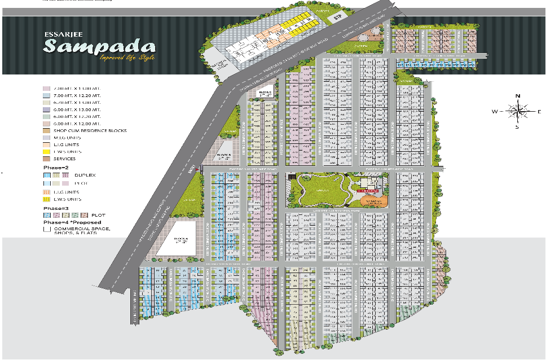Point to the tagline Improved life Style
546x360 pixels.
pyautogui.click(x=127, y=58)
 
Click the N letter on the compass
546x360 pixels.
pyautogui.click(x=517, y=96)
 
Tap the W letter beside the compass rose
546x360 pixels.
pyautogui.click(x=495, y=112)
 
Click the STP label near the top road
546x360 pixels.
pyautogui.click(x=338, y=17)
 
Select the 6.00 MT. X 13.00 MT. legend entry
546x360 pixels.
pyautogui.click(x=77, y=109)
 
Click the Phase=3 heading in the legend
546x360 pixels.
pyautogui.click(x=55, y=208)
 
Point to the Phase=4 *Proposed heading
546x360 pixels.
pyautogui.click(x=73, y=222)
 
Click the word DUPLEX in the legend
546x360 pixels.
pyautogui.click(x=85, y=175)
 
